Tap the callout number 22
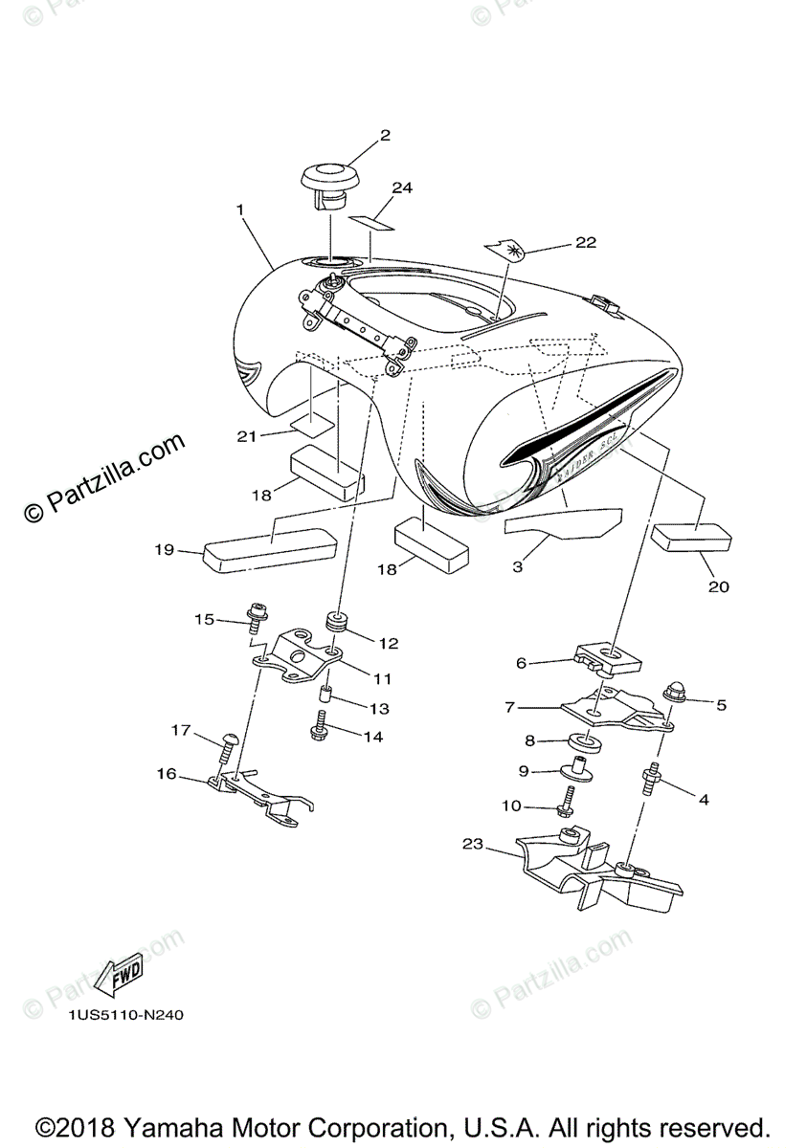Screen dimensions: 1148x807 (584, 242)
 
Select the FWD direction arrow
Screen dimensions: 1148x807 (120, 977)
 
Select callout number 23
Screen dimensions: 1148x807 (473, 845)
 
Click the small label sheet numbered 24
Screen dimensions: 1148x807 (371, 222)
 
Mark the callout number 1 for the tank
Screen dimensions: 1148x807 (240, 208)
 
